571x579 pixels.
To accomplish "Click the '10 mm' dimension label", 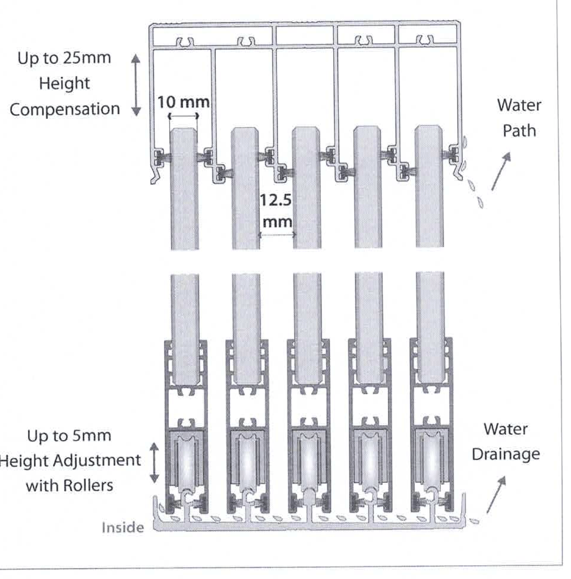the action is [x=183, y=102].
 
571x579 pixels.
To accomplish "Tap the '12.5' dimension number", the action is [x=276, y=200].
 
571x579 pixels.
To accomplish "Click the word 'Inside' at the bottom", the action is [x=123, y=528].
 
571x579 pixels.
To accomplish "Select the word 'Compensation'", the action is [x=65, y=110].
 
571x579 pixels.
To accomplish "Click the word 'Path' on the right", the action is [x=519, y=131].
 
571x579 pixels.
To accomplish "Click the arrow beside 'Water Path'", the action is [x=501, y=171].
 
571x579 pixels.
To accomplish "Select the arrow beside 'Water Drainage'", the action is [x=496, y=495].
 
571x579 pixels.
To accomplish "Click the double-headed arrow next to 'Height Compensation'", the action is [x=136, y=85].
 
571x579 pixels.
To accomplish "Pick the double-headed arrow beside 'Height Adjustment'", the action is [x=154, y=463].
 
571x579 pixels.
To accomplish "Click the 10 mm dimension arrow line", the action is [x=183, y=116].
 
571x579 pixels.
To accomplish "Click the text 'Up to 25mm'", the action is [x=64, y=58].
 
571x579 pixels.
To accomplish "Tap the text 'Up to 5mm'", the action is [x=69, y=436].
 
